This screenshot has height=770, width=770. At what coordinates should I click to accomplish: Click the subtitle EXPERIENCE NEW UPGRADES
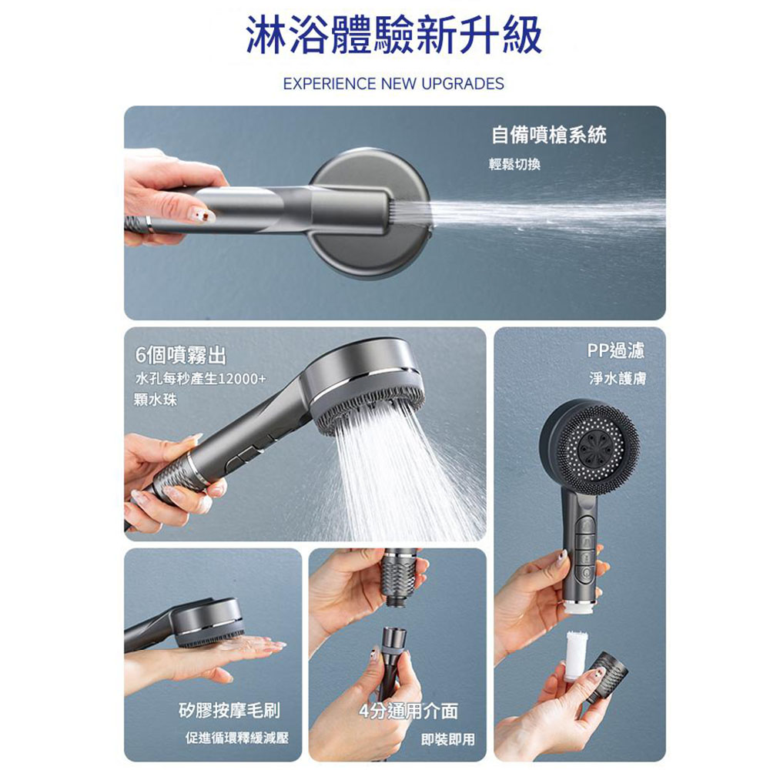(393, 83)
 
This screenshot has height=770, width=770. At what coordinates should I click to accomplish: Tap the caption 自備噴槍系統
(549, 136)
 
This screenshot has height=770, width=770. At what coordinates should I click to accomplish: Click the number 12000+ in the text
(242, 380)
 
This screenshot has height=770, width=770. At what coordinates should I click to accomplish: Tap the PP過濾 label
(615, 351)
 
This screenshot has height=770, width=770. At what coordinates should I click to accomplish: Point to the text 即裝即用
(448, 740)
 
